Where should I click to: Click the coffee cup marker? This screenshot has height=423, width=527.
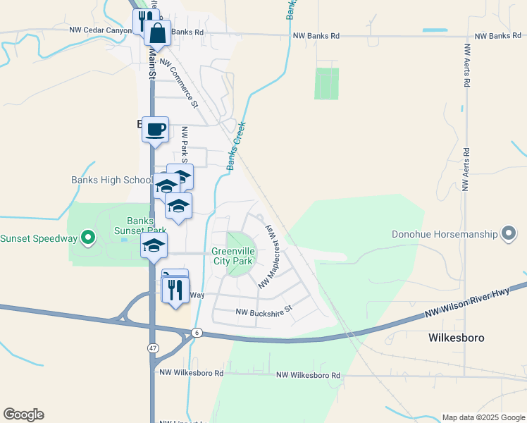click(155, 129)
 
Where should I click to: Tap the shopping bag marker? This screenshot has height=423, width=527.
click(158, 32)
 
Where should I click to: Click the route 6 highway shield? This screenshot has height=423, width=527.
click(197, 333)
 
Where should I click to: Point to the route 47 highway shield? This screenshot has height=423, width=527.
click(152, 348)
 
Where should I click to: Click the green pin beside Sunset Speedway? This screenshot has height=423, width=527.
click(88, 238)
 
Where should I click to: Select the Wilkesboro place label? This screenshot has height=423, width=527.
click(457, 338)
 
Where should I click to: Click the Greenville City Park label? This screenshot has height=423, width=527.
click(232, 257)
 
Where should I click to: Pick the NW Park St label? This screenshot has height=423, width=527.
click(185, 141)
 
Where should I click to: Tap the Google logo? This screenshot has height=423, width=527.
click(23, 415)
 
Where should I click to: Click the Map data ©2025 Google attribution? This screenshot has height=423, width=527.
click(483, 417)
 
